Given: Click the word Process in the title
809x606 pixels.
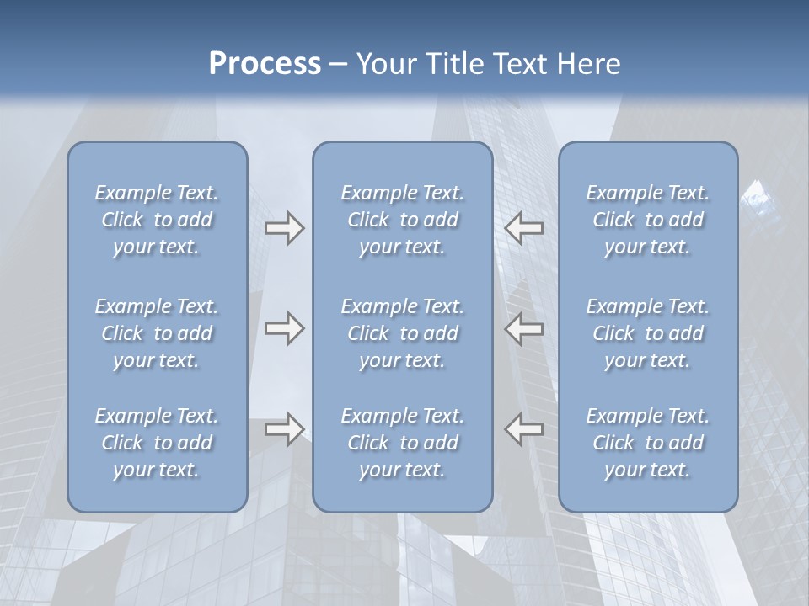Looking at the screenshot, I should [265, 64].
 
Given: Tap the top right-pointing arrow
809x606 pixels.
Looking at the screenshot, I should [285, 228].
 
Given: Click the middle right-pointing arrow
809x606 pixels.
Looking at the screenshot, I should [285, 328].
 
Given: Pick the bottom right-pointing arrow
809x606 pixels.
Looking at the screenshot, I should [285, 429].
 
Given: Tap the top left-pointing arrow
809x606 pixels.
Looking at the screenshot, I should [524, 228].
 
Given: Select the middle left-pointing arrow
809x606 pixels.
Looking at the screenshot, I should [524, 328].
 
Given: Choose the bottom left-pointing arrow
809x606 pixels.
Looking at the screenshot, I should [524, 429].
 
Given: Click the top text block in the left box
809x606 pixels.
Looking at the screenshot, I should [157, 220].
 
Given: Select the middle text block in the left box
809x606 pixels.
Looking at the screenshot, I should [157, 333].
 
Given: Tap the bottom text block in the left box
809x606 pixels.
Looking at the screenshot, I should [157, 443].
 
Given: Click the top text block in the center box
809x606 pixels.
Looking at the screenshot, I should [402, 220].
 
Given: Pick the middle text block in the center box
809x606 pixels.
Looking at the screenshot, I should [402, 333].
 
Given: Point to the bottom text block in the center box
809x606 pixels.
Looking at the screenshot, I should [402, 443].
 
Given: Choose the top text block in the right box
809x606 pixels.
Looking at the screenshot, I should [647, 220].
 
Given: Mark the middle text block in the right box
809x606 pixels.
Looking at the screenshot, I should [647, 333].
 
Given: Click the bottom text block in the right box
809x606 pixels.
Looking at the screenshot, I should [647, 443].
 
